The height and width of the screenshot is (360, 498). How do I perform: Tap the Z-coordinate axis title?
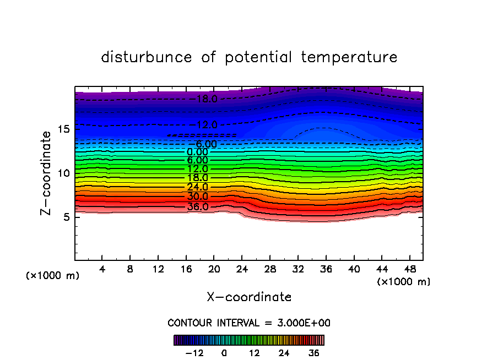point(47,173)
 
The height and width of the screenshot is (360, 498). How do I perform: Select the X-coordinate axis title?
point(249,297)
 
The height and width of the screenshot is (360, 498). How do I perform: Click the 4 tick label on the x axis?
point(102,270)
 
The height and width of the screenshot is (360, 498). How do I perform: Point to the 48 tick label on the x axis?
point(409,270)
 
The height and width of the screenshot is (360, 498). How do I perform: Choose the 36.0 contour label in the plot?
point(198,207)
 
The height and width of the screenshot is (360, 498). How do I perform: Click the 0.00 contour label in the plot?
point(197,152)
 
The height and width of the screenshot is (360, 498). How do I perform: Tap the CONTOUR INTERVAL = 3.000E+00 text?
point(249,323)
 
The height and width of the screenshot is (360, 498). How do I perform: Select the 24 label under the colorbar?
point(284,353)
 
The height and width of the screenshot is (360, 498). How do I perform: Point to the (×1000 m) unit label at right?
point(404,282)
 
